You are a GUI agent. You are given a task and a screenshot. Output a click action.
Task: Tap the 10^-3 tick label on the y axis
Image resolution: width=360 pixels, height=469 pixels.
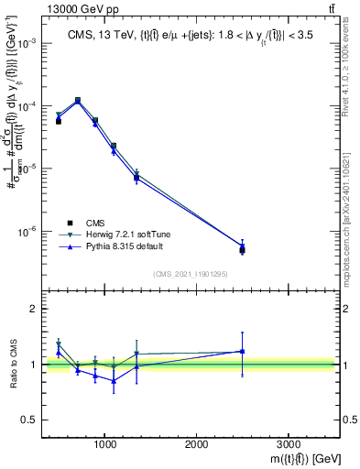(26, 44)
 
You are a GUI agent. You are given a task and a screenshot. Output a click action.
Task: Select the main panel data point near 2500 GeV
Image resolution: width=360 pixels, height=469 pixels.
(242, 248)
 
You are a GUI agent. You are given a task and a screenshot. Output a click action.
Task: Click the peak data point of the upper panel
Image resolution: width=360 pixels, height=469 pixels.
(78, 100)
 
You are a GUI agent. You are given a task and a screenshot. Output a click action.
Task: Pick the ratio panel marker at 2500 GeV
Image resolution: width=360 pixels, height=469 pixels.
(242, 351)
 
